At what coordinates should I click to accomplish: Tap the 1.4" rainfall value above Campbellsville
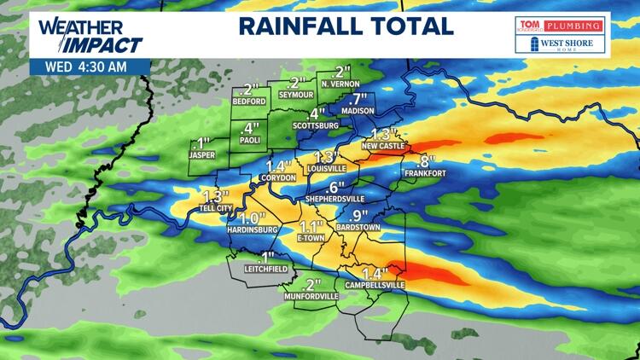(x=375, y=273)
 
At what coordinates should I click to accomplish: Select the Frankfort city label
(x=425, y=174)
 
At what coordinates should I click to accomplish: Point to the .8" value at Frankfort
(x=425, y=162)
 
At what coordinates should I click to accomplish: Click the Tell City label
(x=213, y=208)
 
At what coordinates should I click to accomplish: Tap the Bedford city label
(x=249, y=101)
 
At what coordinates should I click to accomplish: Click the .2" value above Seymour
(x=297, y=84)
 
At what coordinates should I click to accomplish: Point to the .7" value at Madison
(x=358, y=97)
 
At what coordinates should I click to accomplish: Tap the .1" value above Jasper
(x=202, y=142)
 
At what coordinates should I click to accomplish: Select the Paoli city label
(x=250, y=141)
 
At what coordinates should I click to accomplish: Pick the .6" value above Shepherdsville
(x=335, y=187)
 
